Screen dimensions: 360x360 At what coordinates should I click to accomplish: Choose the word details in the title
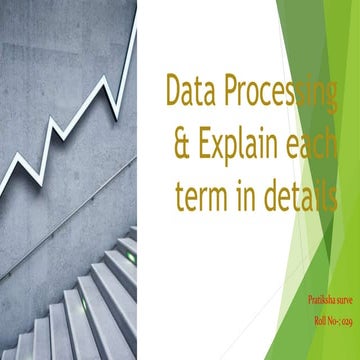click(x=297, y=198)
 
